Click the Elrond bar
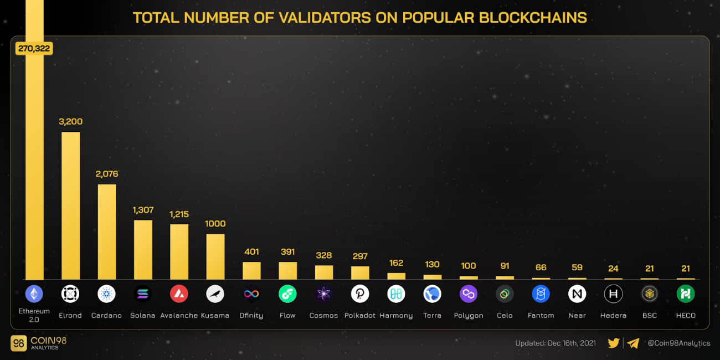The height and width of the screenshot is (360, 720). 70,205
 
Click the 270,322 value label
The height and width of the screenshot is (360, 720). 34,48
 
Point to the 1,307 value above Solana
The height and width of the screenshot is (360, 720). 143,210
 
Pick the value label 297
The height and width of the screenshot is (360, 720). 360,256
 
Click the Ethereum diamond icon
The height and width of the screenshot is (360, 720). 34,294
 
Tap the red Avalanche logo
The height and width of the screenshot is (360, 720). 179,294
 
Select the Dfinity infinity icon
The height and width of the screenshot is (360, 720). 251,294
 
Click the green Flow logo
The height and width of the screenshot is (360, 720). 287,294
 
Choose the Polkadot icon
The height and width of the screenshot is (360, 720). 360,294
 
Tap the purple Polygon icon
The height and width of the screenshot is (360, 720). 469,294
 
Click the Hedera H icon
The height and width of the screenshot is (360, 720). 613,294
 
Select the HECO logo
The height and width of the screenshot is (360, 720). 686,294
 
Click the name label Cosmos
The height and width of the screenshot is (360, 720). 323,315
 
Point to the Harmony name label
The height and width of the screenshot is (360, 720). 396,315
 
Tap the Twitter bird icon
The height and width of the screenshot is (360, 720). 613,343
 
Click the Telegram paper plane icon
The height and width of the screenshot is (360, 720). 633,343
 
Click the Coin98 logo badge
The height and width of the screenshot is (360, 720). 19,343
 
